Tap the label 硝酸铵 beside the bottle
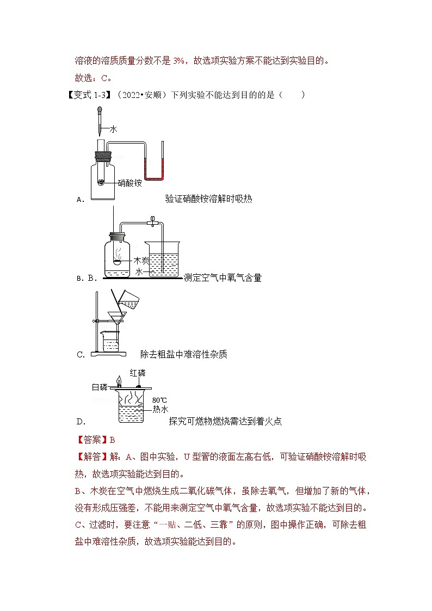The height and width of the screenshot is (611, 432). pos(130,183)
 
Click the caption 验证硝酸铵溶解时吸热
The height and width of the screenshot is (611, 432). pos(208,199)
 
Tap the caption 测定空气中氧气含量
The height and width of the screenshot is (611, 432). pos(223,278)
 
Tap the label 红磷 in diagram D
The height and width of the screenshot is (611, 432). pos(138,373)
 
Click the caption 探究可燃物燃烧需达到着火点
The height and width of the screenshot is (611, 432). pos(225,421)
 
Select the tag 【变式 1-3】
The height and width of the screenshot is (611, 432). pos(88,95)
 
